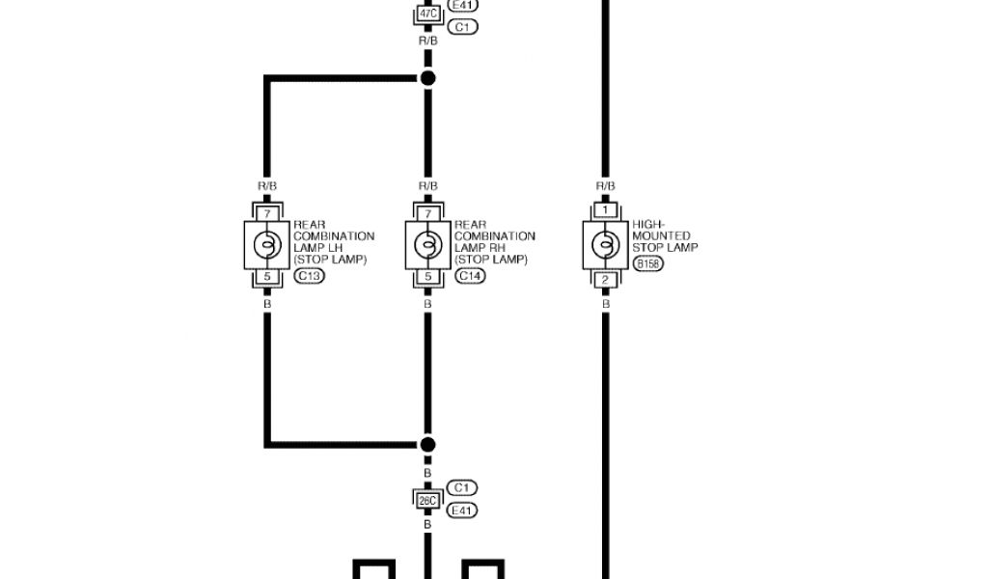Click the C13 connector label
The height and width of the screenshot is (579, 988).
point(310,276)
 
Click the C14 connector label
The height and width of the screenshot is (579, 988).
point(471,276)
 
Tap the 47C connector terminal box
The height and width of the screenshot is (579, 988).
point(427,14)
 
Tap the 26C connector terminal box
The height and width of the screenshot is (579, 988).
point(427,499)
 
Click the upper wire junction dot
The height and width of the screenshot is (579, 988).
point(427,77)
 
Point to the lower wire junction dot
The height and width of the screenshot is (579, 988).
point(427,445)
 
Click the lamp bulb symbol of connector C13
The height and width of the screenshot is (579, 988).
point(267,244)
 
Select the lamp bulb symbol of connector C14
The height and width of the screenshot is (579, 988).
point(427,244)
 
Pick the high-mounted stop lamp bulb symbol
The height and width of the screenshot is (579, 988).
point(605,244)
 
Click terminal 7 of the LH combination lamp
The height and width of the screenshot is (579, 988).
point(267,211)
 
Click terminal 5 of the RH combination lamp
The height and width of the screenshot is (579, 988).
point(427,278)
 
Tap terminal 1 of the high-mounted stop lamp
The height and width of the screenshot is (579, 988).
point(605,209)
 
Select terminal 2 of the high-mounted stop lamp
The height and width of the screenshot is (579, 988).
point(605,280)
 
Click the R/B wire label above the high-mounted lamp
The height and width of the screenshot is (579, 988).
point(605,185)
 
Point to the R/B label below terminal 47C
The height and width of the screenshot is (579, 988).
point(427,41)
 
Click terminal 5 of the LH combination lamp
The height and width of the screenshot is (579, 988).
point(267,278)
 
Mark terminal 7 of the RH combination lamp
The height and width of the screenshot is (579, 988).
point(427,211)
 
